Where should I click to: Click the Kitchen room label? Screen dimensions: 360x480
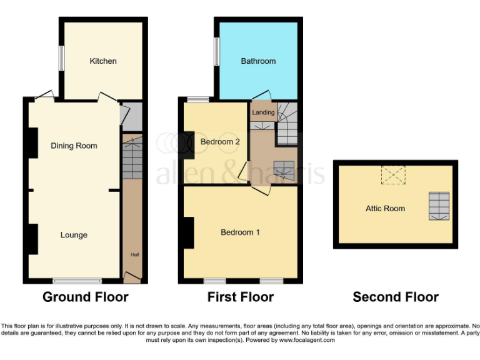pos(103,61)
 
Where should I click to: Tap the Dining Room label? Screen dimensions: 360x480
pos(74,146)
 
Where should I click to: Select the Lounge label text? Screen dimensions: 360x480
pos(74,235)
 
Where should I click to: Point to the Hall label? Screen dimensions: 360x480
pos(134,255)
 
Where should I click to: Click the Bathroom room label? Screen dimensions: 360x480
pos(258,61)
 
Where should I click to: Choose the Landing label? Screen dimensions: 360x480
pos(263,112)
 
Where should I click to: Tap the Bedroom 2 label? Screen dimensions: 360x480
pos(220,142)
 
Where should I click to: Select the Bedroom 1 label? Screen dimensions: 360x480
pos(241,232)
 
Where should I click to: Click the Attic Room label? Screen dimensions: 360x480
pos(385,209)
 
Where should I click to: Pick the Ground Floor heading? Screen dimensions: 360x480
pos(86,297)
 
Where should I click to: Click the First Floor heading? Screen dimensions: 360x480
pos(241,297)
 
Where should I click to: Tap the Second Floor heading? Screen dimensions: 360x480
pos(396,297)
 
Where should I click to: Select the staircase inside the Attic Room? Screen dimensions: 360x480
pos(439,206)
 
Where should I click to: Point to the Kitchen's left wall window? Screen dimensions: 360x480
pos(62,59)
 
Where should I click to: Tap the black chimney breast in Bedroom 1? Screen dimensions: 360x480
pos(188,232)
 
